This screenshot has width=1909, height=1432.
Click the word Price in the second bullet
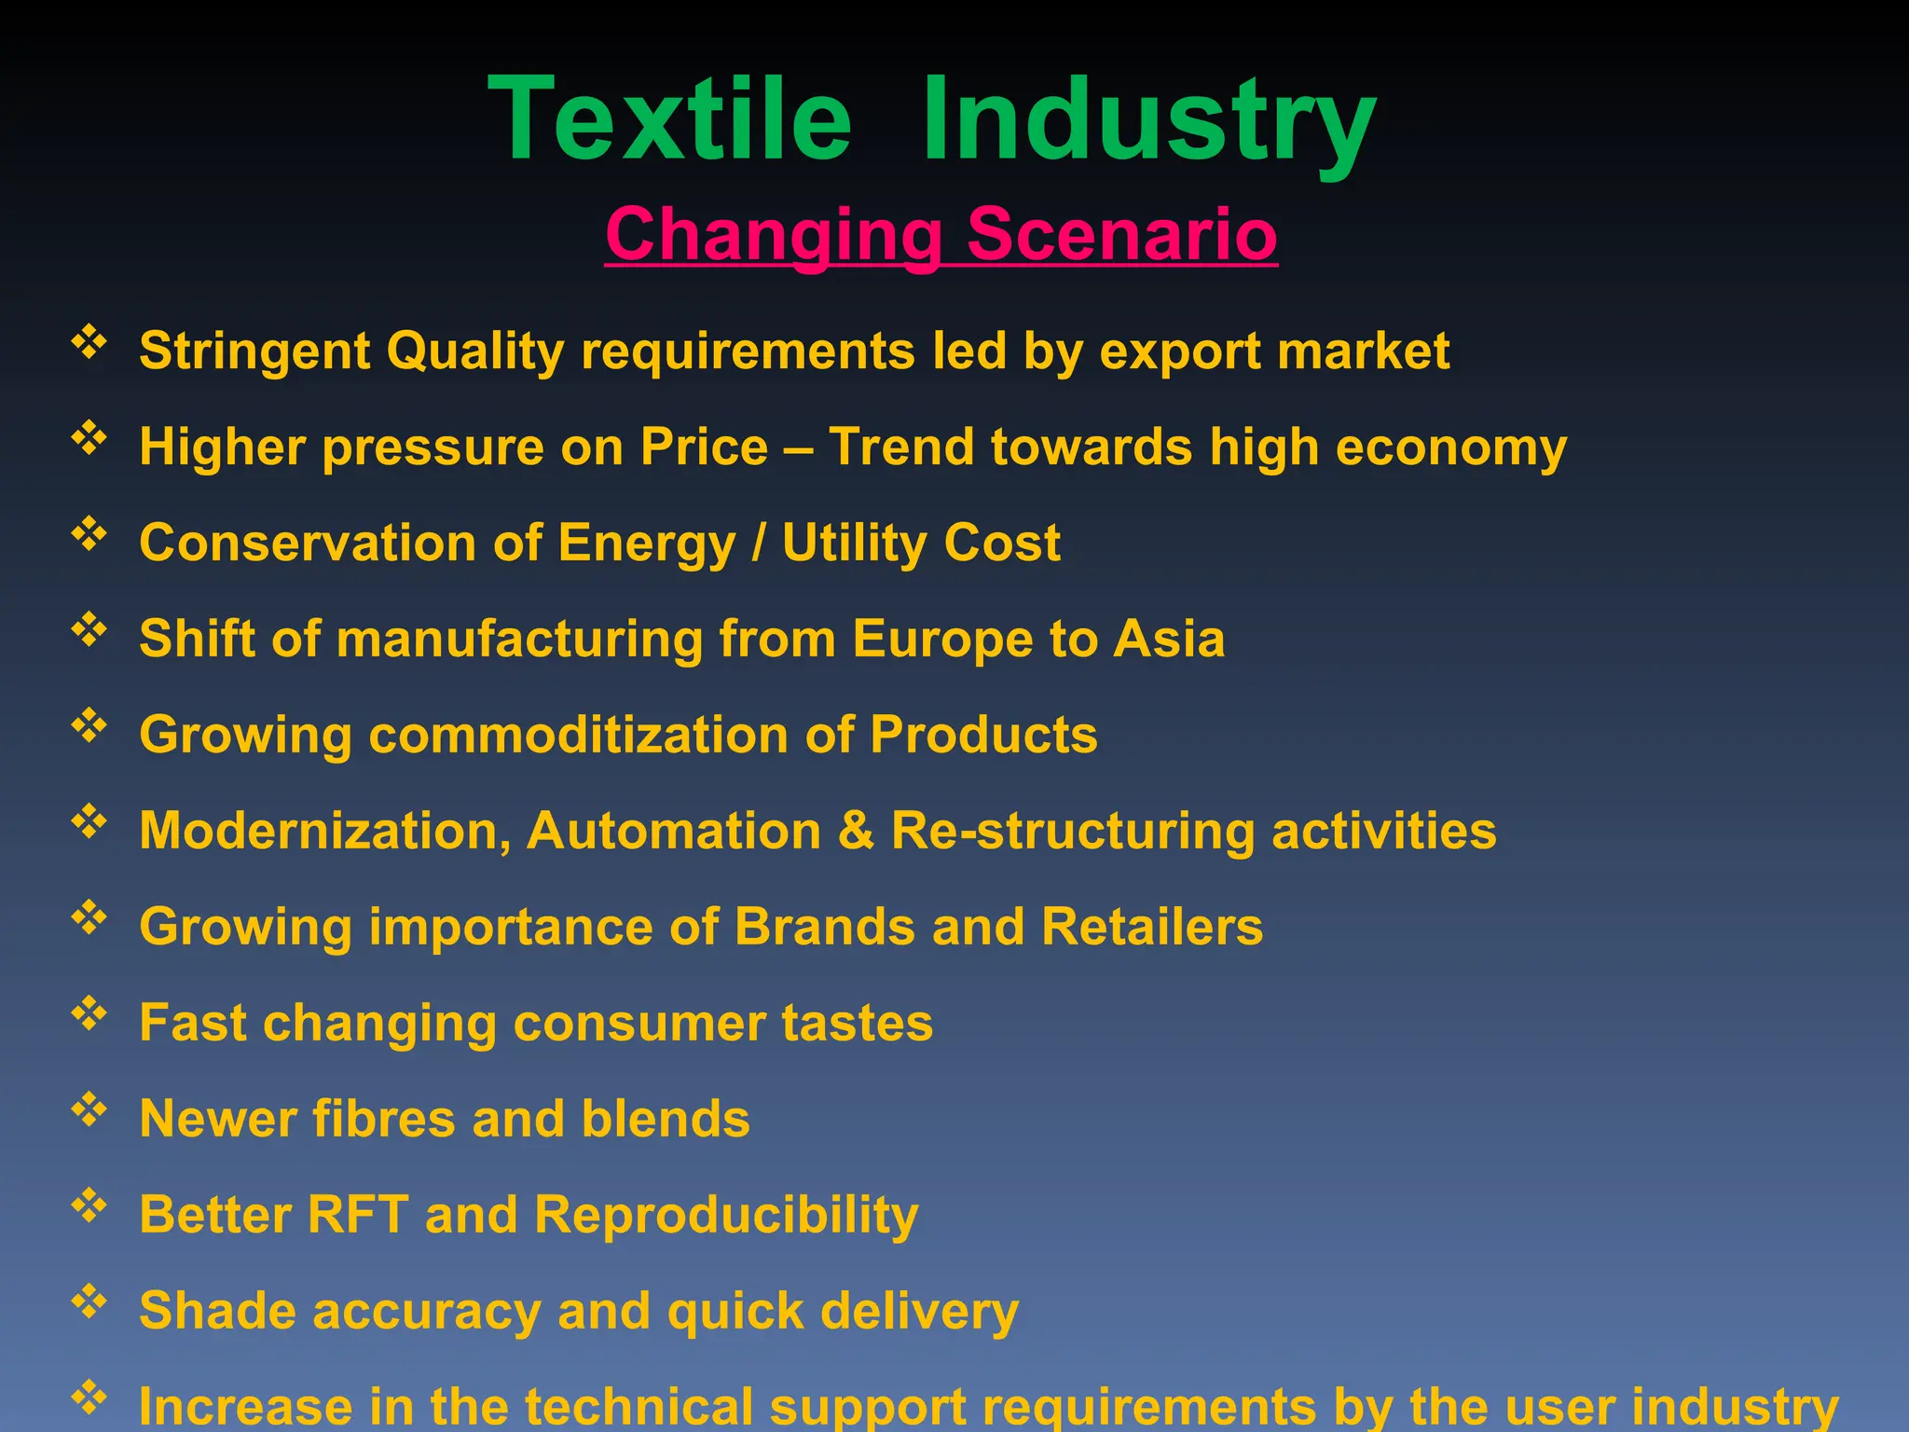pos(704,447)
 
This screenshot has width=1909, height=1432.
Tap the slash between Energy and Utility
pos(759,543)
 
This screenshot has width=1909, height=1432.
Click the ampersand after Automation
pos(856,830)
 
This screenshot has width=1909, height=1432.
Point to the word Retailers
pos(1152,927)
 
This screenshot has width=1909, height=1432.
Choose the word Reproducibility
pos(726,1215)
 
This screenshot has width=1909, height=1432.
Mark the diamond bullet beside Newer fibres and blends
pos(89,1109)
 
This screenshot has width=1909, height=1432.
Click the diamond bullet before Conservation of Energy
pos(89,533)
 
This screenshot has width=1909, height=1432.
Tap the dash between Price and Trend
pos(798,448)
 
